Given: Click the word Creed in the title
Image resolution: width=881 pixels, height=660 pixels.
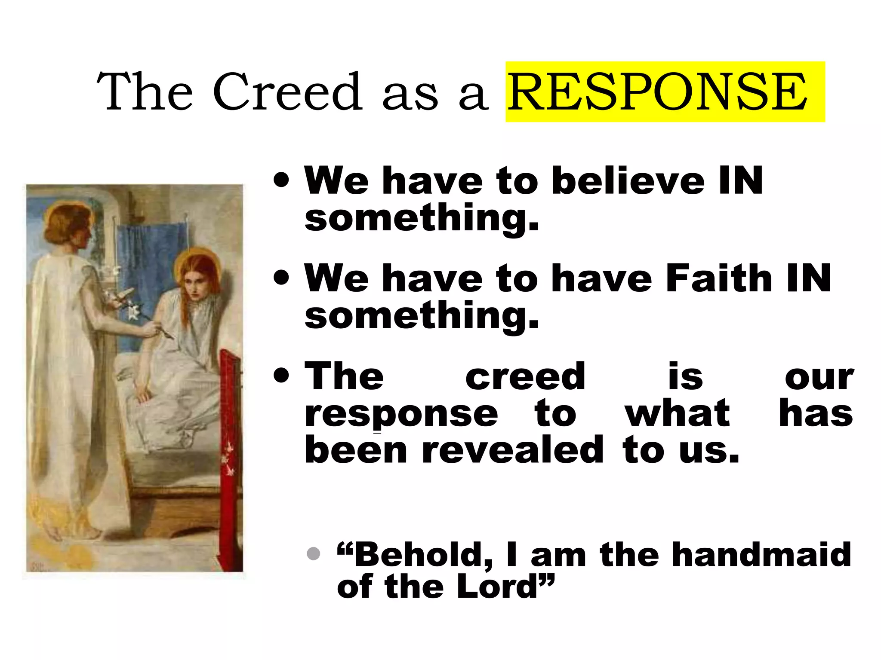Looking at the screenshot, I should coord(287,92).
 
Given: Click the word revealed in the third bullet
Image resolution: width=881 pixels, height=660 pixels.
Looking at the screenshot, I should coord(513,450).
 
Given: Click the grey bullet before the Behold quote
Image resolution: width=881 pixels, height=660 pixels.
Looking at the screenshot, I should coord(314,553).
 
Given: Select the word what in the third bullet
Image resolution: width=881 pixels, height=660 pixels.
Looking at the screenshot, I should coord(677,413).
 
